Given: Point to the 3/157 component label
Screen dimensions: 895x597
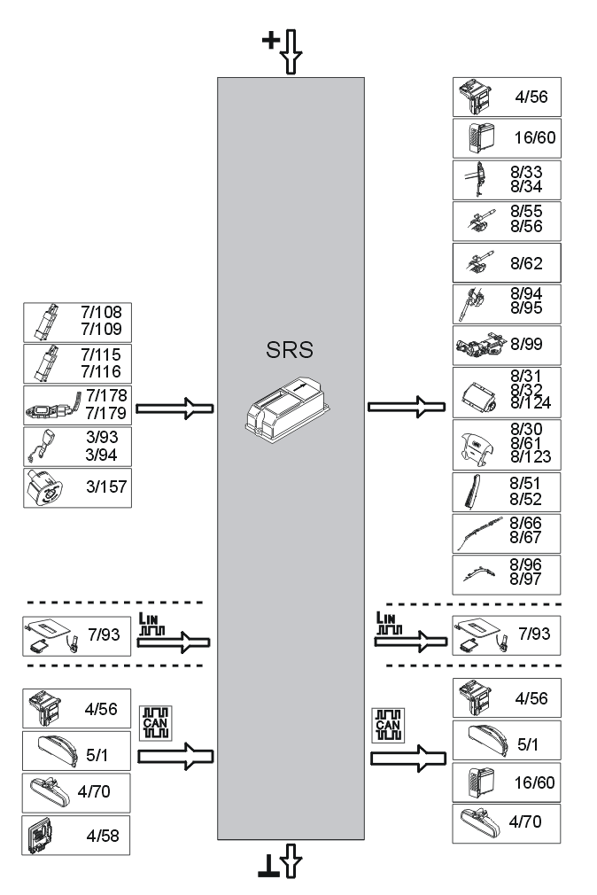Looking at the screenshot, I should pos(105,487).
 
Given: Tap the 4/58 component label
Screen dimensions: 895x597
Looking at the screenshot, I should pos(105,835).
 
